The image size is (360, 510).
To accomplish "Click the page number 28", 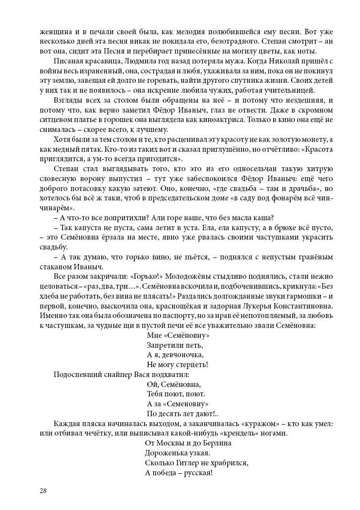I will tap(43, 491).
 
